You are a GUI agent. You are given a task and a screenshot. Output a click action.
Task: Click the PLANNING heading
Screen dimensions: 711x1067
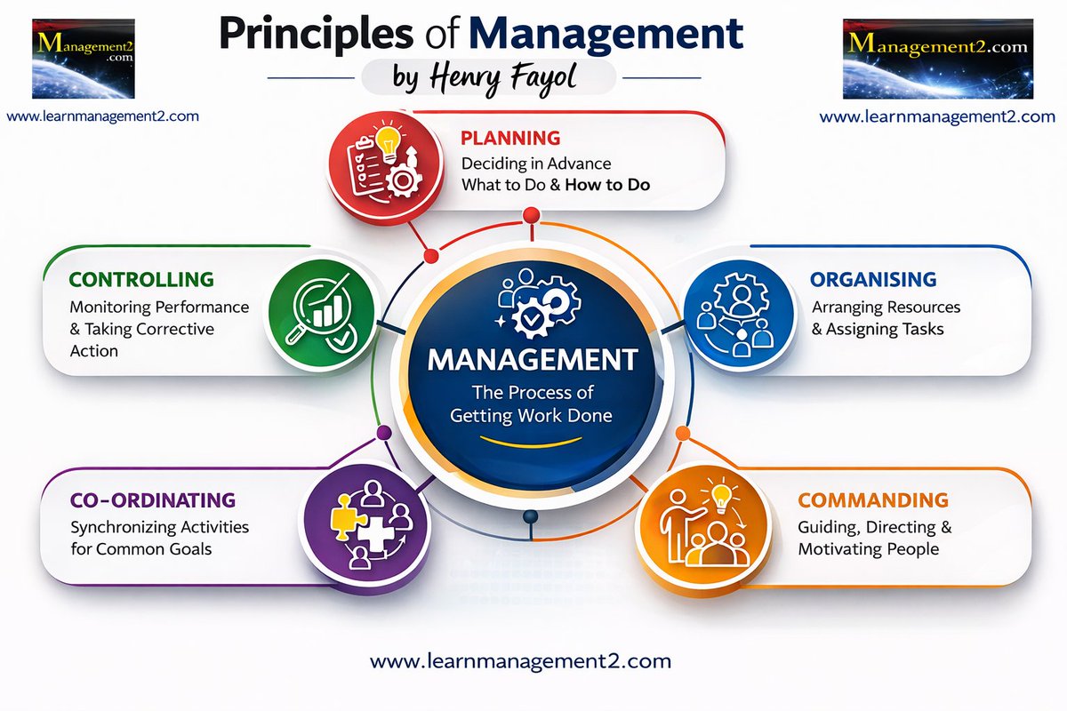(x=509, y=138)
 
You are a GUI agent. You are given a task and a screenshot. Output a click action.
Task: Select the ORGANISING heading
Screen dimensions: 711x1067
(x=872, y=279)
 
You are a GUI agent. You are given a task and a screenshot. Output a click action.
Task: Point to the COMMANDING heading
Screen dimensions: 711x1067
(x=872, y=499)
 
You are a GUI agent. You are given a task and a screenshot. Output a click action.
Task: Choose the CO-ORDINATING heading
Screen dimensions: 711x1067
(x=152, y=499)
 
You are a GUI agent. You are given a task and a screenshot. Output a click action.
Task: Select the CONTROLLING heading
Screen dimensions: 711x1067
(x=141, y=279)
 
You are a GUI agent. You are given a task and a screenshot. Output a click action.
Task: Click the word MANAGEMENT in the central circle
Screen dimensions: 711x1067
(x=533, y=360)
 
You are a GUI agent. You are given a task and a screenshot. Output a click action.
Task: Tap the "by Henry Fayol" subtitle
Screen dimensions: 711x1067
(x=488, y=79)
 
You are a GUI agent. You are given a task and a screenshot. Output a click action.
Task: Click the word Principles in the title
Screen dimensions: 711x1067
(x=306, y=34)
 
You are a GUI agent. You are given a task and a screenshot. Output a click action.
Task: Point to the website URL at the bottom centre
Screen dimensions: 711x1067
(x=520, y=660)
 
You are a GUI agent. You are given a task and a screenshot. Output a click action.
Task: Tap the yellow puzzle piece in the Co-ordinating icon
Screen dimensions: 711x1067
(x=341, y=521)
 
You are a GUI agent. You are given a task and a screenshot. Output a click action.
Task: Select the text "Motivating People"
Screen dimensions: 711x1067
(x=868, y=549)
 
